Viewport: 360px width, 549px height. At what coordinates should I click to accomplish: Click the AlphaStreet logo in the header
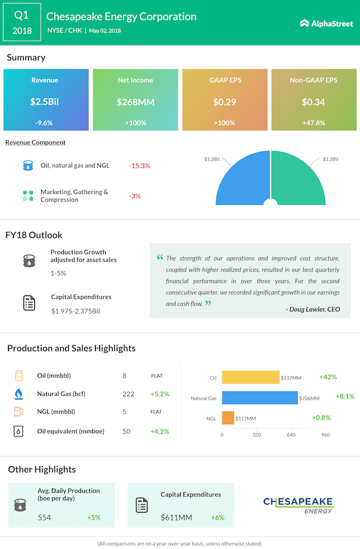326,23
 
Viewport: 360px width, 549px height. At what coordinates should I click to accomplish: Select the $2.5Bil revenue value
45,102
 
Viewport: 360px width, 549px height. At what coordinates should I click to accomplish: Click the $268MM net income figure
135,102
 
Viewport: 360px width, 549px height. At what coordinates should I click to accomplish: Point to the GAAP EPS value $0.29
224,102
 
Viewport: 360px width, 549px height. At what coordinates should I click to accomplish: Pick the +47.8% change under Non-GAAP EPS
313,123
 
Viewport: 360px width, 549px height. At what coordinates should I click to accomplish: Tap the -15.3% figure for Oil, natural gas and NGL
139,166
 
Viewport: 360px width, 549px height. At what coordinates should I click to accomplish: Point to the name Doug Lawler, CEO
313,309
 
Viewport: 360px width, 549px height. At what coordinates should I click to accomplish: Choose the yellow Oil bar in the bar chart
251,377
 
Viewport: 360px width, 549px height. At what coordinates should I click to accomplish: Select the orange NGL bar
227,418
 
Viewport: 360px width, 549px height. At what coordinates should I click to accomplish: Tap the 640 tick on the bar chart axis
291,435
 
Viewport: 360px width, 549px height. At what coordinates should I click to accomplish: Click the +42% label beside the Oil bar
328,377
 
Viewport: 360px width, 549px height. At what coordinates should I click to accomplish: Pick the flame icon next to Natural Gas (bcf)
19,394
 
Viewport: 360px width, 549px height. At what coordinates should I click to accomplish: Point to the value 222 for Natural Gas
128,394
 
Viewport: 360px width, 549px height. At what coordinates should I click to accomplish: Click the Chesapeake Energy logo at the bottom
298,505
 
